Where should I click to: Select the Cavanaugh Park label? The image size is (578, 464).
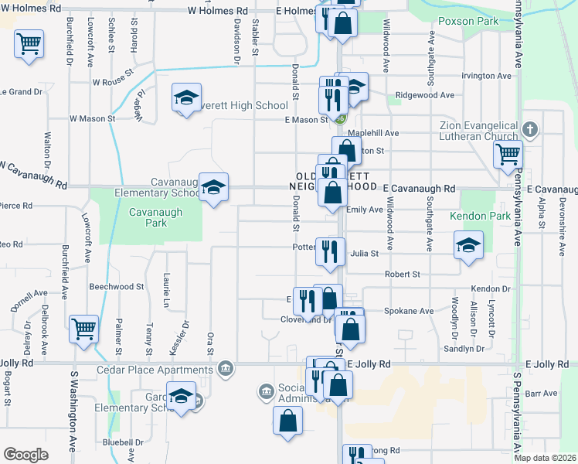coord(148,217)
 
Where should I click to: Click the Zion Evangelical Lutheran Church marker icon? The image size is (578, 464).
coord(530,128)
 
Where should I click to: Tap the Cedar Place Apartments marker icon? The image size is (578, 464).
coord(225,367)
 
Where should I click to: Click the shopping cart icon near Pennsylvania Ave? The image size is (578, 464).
coord(508,154)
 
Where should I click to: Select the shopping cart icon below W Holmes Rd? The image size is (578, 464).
coord(29,44)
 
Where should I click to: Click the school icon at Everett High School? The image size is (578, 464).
coord(186,97)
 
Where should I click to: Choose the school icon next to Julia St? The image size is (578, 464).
coord(468,245)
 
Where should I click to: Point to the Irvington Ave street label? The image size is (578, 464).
coord(486,77)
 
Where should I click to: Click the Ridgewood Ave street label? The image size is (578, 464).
coord(424,95)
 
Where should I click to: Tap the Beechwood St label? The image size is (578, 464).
coord(117,286)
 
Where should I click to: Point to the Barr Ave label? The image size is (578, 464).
coord(540,394)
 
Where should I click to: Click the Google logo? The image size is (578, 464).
coord(25,455)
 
